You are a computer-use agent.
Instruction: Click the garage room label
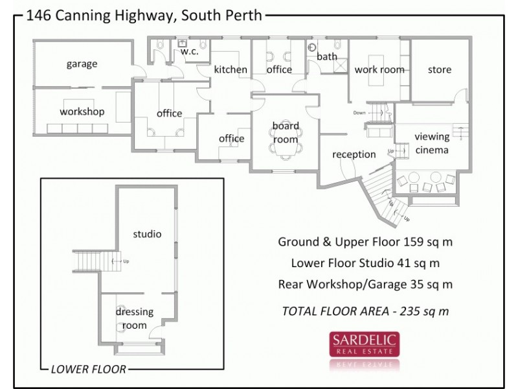[x=82, y=64]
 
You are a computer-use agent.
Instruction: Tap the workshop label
[x=82, y=112]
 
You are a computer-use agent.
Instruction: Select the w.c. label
[x=188, y=52]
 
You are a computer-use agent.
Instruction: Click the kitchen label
[x=231, y=69]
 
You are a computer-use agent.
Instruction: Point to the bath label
[x=327, y=57]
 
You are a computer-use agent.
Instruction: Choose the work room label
[x=379, y=69]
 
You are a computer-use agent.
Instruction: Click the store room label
[x=440, y=69]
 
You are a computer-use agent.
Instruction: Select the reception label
[x=354, y=154]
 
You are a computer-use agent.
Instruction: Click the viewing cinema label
[x=431, y=143]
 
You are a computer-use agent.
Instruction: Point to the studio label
[x=147, y=233]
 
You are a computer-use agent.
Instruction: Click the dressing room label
[x=131, y=318]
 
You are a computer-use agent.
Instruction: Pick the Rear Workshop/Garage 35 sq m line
[x=365, y=283]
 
